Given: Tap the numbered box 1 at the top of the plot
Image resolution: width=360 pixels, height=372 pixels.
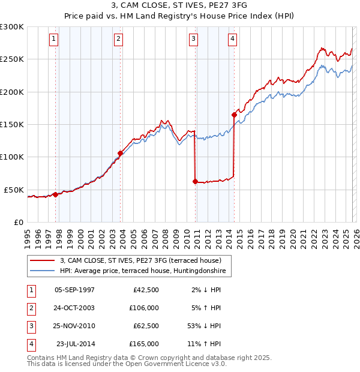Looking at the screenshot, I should (x=53, y=40).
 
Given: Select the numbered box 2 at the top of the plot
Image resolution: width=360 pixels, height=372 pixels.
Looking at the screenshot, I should (x=119, y=40).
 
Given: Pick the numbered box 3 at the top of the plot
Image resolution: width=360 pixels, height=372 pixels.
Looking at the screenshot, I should (x=194, y=40).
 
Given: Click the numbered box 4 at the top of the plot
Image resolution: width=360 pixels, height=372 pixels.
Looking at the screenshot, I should (x=232, y=40).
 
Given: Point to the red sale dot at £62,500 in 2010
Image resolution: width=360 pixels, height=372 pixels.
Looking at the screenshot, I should (x=196, y=181).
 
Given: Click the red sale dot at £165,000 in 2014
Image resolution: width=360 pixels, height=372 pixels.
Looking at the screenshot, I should (x=234, y=115).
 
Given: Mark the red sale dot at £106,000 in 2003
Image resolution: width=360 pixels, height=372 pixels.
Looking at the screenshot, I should (x=121, y=153).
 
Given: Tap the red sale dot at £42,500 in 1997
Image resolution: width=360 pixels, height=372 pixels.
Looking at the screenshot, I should (x=55, y=194).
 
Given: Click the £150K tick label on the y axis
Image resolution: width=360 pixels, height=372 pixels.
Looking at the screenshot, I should (x=12, y=125).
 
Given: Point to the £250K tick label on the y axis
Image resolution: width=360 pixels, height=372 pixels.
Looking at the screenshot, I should (x=12, y=59).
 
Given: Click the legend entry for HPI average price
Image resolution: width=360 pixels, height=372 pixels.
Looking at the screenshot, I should (x=144, y=271).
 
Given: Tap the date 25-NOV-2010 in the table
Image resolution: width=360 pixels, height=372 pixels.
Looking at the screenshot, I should (x=74, y=326).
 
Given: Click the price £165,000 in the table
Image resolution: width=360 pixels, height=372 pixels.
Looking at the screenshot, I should (x=144, y=344).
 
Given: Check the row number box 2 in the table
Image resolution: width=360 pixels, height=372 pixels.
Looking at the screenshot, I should (x=30, y=308).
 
